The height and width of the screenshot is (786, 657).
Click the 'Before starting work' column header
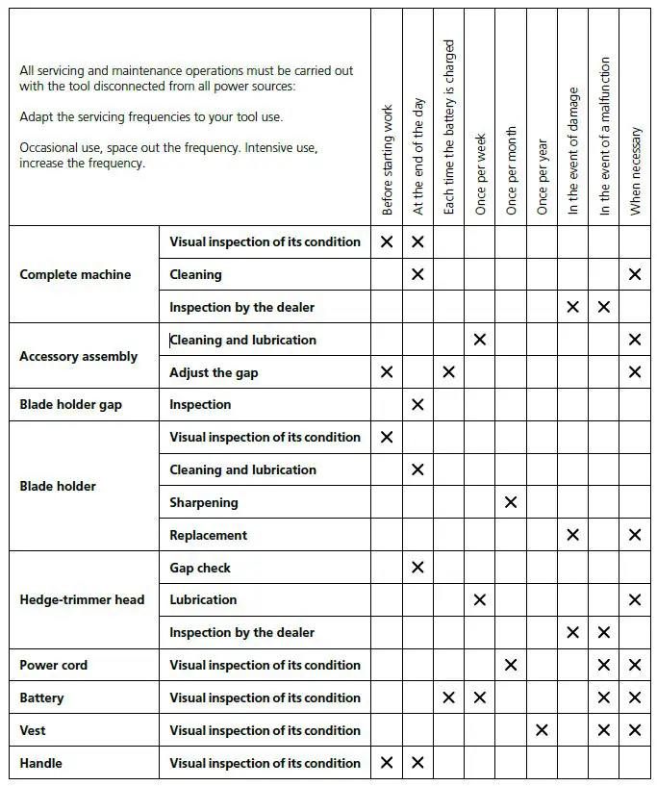[388, 160]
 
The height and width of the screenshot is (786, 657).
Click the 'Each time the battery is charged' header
[449, 126]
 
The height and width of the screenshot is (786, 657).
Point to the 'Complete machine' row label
[75, 274]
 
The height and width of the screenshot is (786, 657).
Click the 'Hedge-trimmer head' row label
[82, 599]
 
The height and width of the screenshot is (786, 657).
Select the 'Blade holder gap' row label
[70, 405]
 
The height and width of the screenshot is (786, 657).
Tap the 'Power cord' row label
[54, 665]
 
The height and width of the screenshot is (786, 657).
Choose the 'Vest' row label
[33, 730]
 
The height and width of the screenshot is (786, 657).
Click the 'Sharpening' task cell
[204, 502]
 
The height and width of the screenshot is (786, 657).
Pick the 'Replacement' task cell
[209, 535]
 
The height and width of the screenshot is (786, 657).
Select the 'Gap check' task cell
[200, 568]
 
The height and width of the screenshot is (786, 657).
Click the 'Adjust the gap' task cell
[214, 372]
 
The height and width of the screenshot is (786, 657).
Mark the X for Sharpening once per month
[511, 502]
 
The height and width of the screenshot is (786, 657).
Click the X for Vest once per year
[542, 730]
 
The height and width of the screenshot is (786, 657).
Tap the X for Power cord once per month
[511, 665]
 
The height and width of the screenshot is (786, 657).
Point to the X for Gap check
[417, 568]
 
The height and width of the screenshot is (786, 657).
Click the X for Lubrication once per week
[480, 600]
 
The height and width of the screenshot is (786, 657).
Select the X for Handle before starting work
[387, 763]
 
